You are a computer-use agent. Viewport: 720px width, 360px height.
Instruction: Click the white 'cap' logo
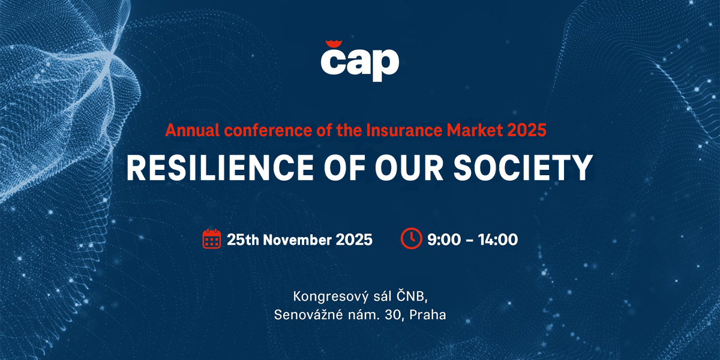[359, 64]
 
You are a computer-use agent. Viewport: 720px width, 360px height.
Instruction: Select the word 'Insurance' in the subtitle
[404, 130]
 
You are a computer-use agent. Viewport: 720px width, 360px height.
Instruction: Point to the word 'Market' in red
[475, 130]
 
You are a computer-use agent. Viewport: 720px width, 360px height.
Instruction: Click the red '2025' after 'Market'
[527, 130]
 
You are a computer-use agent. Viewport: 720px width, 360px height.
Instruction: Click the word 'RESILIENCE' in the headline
[220, 167]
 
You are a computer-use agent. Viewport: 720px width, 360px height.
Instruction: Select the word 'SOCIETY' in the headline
[523, 167]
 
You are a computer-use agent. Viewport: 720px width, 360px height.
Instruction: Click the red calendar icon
[211, 239]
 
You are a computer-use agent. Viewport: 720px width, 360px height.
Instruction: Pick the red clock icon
[412, 239]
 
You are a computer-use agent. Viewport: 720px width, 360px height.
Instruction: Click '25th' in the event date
[242, 240]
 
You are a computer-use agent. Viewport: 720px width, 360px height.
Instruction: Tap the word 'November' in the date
[298, 240]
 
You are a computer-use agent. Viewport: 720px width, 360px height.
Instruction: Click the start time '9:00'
[444, 240]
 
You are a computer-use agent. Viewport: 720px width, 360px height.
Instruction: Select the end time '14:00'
[498, 240]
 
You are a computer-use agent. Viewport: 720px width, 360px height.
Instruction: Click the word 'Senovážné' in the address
[308, 314]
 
